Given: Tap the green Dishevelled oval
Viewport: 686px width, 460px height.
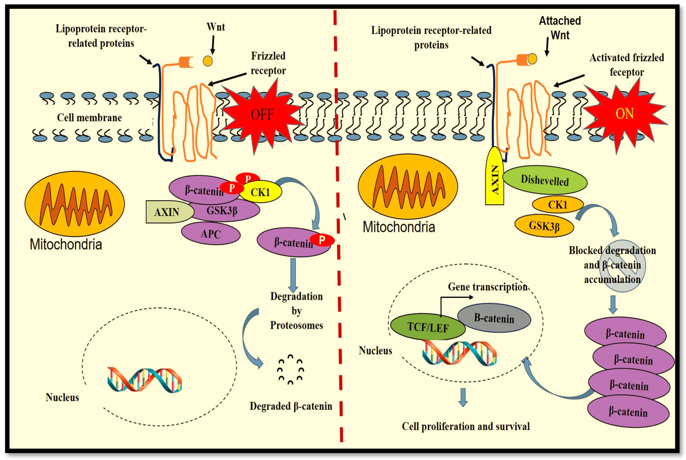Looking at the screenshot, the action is pyautogui.click(x=545, y=180).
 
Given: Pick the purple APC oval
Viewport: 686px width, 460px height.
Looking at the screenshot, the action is pyautogui.click(x=211, y=233).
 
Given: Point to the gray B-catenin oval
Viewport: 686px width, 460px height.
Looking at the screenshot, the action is pyautogui.click(x=494, y=318).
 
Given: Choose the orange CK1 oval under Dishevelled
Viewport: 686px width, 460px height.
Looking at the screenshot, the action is pyautogui.click(x=557, y=204).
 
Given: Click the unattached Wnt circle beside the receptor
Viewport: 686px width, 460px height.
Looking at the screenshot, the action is pyautogui.click(x=208, y=61).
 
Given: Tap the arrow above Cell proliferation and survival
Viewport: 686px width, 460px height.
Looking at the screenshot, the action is pyautogui.click(x=463, y=397).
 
